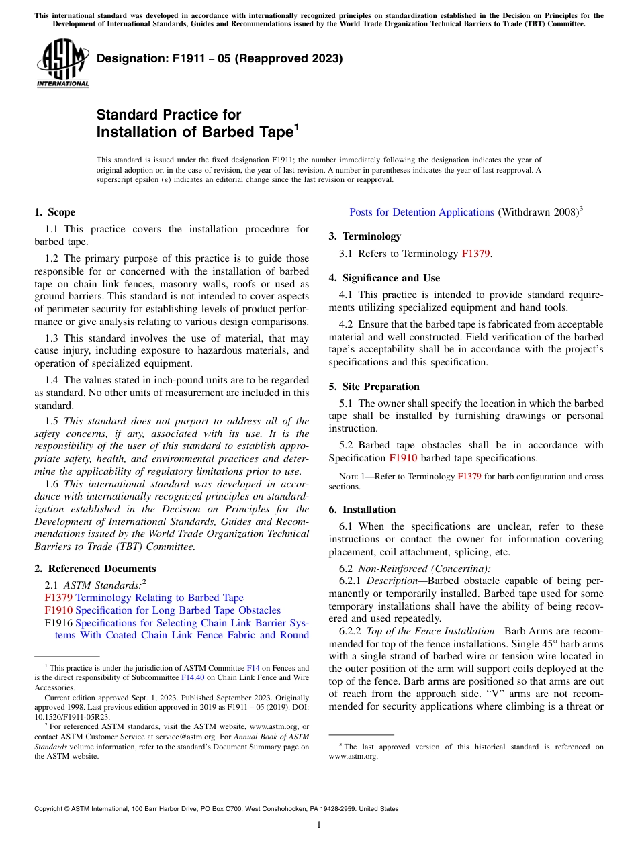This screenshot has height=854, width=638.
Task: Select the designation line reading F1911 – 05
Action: pos(220,58)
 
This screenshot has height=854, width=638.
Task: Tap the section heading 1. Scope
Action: pos(54,212)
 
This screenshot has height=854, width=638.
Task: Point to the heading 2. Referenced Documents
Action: pos(85,568)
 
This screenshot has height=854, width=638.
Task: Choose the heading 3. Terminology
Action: pos(365,236)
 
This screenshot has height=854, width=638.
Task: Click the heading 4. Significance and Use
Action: pos(384,278)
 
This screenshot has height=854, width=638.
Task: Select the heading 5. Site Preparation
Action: pos(374,387)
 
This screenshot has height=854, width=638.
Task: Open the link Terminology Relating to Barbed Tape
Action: pos(159,598)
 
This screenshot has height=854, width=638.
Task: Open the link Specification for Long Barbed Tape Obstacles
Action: pos(178,610)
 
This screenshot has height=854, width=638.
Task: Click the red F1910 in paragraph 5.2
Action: pos(403,458)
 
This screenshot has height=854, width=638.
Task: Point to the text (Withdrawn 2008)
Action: pos(537,212)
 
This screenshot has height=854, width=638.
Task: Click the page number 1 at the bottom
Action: pos(319,825)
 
